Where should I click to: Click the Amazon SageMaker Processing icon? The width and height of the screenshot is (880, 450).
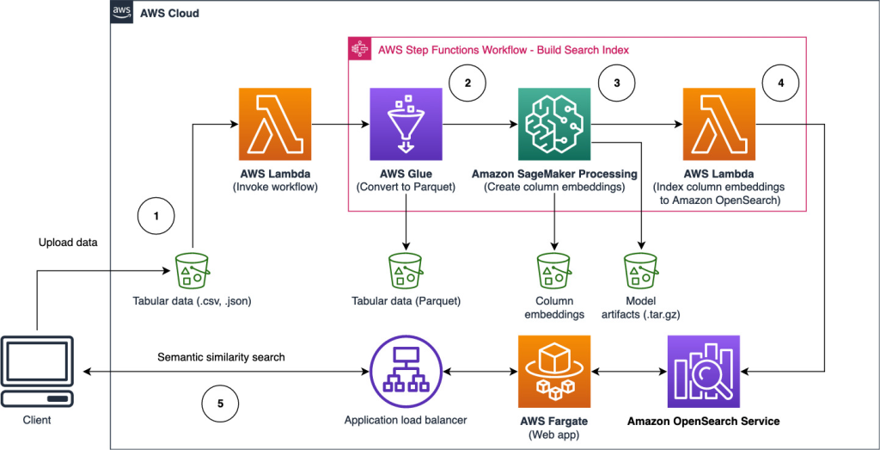554,124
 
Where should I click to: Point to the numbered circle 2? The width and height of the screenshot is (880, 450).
467,83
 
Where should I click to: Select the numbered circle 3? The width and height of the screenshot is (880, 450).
616,83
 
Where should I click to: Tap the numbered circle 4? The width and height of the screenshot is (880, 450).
780,83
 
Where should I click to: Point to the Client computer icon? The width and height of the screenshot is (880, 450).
37,373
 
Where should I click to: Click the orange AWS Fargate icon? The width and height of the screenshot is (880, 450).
554,373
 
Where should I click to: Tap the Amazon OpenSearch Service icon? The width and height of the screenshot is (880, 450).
703,373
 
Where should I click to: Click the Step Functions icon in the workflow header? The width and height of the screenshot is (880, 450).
359,49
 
